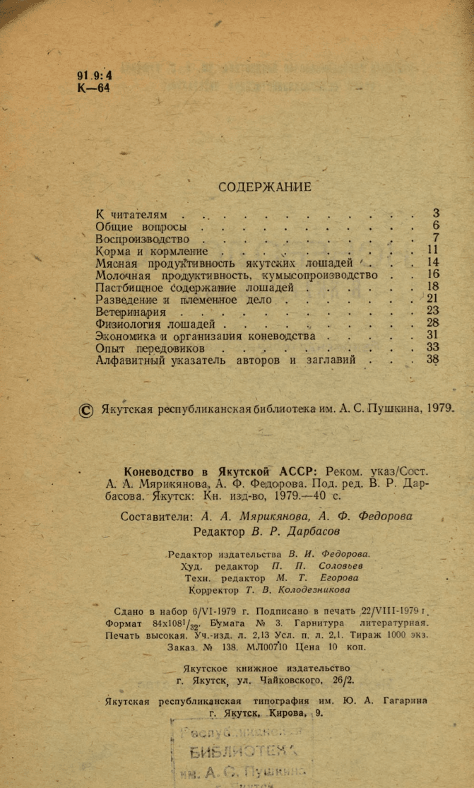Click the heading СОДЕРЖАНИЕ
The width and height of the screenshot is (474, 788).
pyautogui.click(x=264, y=187)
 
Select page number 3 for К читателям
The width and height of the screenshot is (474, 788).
pyautogui.click(x=436, y=213)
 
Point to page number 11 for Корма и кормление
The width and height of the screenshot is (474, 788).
pyautogui.click(x=434, y=250)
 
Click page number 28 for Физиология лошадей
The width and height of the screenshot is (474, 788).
pyautogui.click(x=433, y=323)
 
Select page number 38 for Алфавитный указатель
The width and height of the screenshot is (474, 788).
pyautogui.click(x=433, y=360)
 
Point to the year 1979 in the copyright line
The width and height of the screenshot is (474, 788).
pyautogui.click(x=440, y=408)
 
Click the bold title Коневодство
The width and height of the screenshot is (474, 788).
pyautogui.click(x=159, y=470)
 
